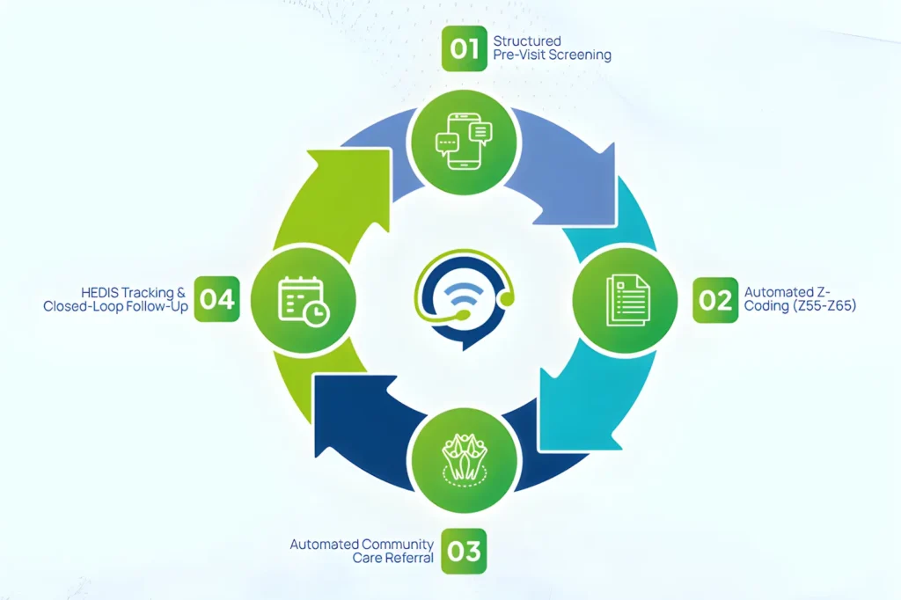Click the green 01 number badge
pyautogui.click(x=465, y=49)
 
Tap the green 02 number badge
pyautogui.click(x=715, y=300)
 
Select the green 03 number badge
pyautogui.click(x=464, y=551)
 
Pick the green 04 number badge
pyautogui.click(x=216, y=299)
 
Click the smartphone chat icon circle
pyautogui.click(x=465, y=142)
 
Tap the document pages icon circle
pyautogui.click(x=626, y=300)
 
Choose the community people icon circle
pyautogui.click(x=465, y=460)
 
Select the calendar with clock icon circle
pyautogui.click(x=304, y=299)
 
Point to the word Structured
pyautogui.click(x=527, y=40)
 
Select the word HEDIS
pyautogui.click(x=99, y=293)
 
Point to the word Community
pyautogui.click(x=399, y=545)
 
